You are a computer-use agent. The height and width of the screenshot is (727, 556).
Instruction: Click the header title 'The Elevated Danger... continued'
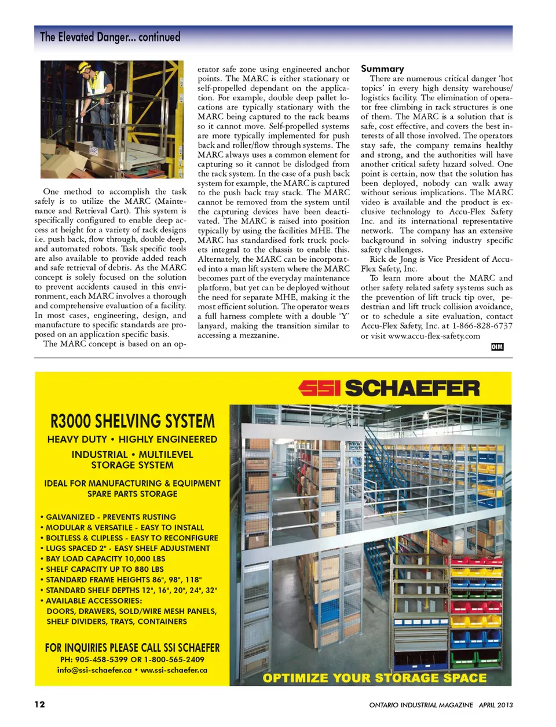click(x=110, y=37)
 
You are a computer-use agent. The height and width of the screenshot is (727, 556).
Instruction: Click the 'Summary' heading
click(x=382, y=68)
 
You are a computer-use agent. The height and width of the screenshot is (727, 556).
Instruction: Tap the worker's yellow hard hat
click(x=85, y=67)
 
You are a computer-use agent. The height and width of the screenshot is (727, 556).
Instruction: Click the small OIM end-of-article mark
click(x=497, y=346)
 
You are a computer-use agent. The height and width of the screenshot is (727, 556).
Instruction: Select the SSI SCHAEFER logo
click(x=389, y=388)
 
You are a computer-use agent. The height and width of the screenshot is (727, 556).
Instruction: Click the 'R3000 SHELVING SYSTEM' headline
click(x=132, y=421)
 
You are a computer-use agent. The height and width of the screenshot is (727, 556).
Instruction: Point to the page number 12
click(x=39, y=704)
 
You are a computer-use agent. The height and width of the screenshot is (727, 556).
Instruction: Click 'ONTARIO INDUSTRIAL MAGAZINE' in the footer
click(x=421, y=705)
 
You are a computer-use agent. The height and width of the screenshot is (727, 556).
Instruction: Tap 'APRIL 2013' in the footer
click(x=495, y=705)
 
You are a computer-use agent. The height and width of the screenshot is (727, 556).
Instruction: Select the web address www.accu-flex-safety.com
click(x=434, y=336)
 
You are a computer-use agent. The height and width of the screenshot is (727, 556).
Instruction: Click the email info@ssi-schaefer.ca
click(x=94, y=670)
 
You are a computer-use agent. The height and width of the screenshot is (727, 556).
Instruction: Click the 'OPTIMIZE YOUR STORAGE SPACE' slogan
click(x=375, y=678)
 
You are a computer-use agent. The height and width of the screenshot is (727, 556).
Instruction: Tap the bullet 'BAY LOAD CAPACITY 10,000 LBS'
click(x=105, y=558)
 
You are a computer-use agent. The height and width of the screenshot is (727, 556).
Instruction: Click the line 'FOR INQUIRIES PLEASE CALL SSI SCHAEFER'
click(x=132, y=648)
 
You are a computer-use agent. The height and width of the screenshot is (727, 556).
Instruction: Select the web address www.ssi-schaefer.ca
click(x=174, y=670)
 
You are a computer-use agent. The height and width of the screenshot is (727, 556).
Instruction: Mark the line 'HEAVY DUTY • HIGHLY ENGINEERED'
click(x=132, y=439)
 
